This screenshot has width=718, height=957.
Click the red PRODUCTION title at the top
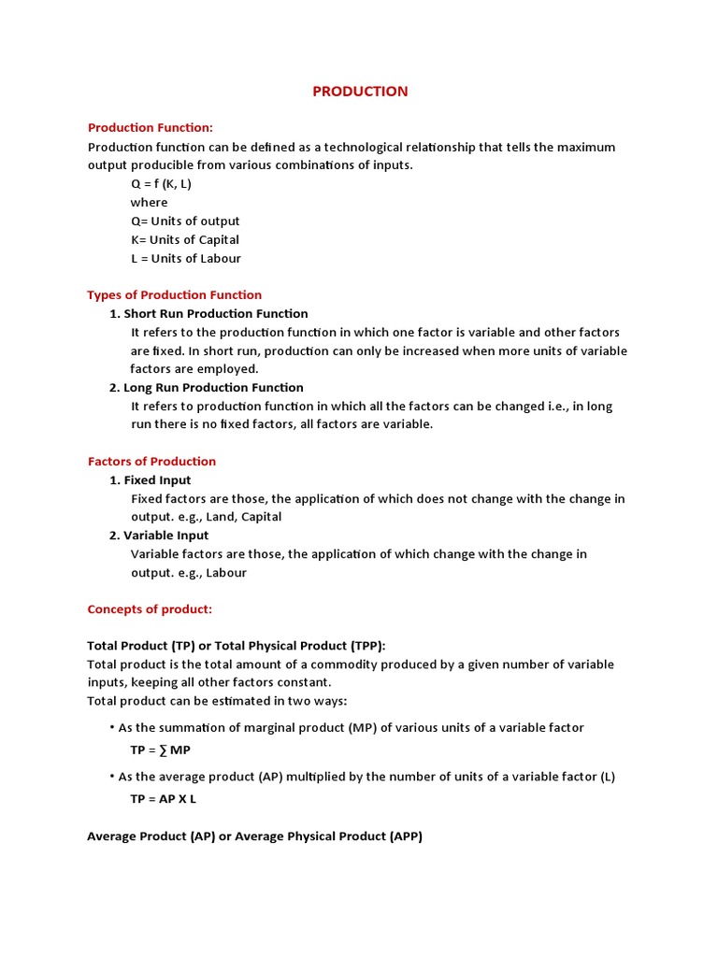click(360, 92)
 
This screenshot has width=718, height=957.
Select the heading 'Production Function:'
click(151, 128)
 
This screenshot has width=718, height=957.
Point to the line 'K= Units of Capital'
click(185, 240)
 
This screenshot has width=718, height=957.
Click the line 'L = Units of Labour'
click(185, 259)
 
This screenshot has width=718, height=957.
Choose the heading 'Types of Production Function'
click(175, 295)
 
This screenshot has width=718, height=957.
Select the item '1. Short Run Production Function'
click(208, 314)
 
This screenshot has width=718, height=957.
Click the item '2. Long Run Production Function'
click(207, 388)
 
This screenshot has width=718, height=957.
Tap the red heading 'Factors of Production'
click(151, 462)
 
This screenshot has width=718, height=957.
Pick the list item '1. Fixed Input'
click(151, 480)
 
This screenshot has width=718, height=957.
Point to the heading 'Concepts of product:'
click(150, 609)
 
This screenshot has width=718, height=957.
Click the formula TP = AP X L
click(164, 800)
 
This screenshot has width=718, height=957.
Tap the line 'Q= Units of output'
click(185, 221)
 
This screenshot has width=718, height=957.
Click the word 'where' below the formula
click(149, 203)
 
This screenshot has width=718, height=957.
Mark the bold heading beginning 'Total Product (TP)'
click(236, 646)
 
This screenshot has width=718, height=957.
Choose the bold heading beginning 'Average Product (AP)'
click(254, 836)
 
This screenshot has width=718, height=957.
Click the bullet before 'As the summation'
click(112, 727)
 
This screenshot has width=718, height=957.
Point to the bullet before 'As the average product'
click(112, 777)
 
